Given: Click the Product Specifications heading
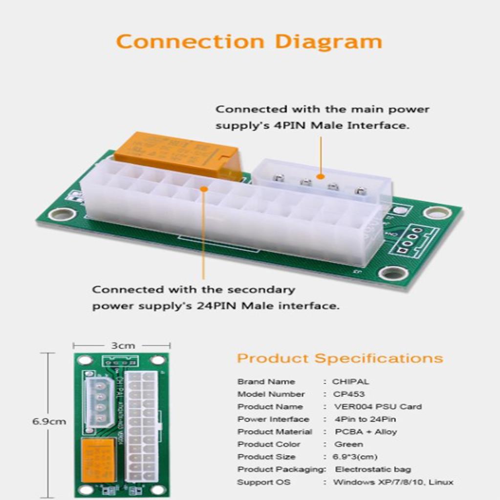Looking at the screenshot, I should [340, 358].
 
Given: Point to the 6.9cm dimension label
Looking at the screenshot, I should [49, 421].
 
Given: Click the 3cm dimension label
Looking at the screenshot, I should [123, 345].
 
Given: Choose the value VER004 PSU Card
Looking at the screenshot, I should [378, 407].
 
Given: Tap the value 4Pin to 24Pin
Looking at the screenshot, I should [365, 419].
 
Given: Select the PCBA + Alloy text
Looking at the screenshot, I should [366, 432].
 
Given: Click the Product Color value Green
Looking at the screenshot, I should [348, 444].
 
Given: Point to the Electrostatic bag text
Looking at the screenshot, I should [373, 469].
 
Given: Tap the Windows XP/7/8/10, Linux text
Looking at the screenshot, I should [393, 482].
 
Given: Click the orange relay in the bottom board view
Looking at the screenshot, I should [98, 459].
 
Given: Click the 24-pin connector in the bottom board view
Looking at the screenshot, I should [141, 425].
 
